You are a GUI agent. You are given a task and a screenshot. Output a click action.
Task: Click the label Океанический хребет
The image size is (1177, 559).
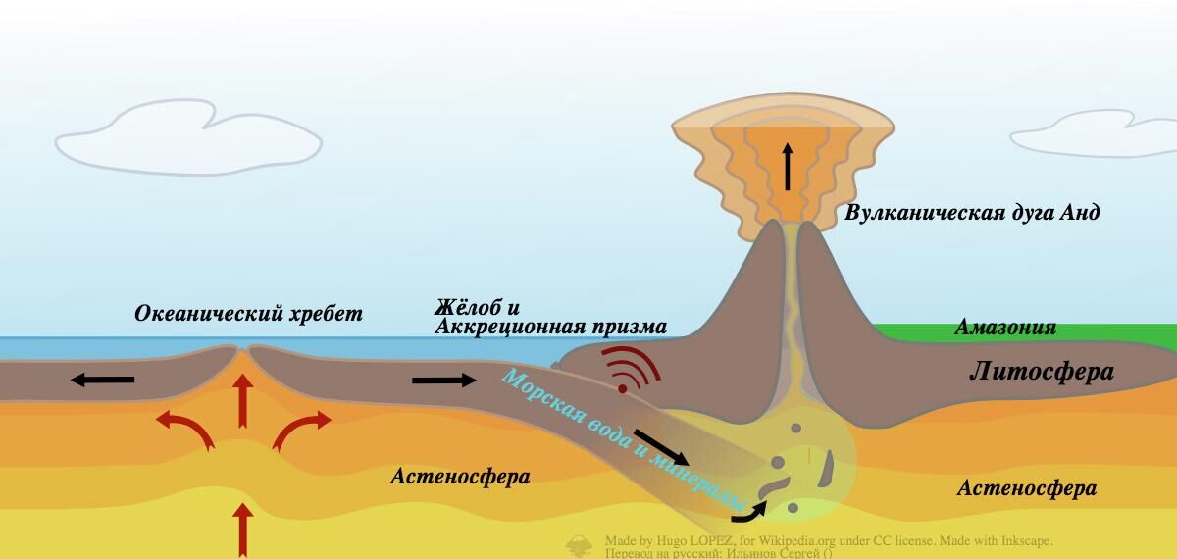pyautogui.click(x=248, y=314)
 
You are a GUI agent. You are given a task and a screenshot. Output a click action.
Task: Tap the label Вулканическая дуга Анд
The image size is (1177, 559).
pyautogui.click(x=972, y=213)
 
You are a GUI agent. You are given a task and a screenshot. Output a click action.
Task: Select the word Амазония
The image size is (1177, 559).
pyautogui.click(x=1005, y=328)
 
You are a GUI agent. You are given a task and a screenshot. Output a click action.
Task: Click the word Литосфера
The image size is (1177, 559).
pyautogui.click(x=1042, y=372)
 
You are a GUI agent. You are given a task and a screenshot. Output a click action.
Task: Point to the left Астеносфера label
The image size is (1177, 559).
pyautogui.click(x=460, y=477)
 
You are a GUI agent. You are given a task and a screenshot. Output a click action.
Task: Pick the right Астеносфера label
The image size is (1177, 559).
pyautogui.click(x=1026, y=488)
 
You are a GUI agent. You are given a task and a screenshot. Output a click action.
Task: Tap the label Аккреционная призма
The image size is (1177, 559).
pyautogui.click(x=550, y=327)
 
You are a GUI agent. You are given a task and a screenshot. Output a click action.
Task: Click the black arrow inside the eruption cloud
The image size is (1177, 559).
pyautogui.click(x=787, y=166)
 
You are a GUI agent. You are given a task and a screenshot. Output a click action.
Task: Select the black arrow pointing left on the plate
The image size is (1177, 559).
pyautogui.click(x=102, y=380)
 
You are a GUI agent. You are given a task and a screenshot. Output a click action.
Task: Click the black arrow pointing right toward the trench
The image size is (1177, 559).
pyautogui.click(x=444, y=380)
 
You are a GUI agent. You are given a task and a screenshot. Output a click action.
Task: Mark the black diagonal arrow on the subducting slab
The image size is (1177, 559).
pyautogui.click(x=662, y=446)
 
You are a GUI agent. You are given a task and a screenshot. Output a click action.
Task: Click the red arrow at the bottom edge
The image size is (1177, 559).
pyautogui.click(x=241, y=530)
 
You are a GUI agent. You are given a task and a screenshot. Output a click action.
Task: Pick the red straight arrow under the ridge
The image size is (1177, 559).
pyautogui.click(x=242, y=401)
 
